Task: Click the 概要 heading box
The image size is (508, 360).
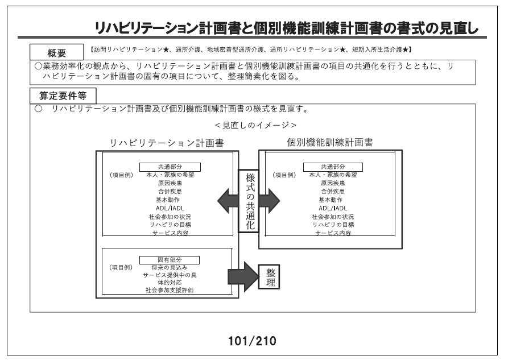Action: click(x=57, y=52)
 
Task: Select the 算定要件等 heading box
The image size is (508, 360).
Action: click(x=63, y=96)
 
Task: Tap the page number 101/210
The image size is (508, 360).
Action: click(x=252, y=341)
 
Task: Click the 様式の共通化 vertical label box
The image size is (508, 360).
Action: click(x=249, y=201)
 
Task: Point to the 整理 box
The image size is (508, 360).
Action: click(x=269, y=277)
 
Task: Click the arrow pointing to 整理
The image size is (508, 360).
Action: click(x=243, y=277)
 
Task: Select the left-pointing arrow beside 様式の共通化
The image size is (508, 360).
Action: click(x=228, y=201)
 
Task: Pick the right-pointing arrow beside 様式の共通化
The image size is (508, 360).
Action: click(x=270, y=201)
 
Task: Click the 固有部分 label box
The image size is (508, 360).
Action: click(x=170, y=260)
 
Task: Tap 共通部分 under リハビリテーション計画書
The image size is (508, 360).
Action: click(x=170, y=167)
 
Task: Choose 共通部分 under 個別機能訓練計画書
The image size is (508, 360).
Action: click(x=333, y=167)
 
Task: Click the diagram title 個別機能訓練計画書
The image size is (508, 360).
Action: click(x=330, y=142)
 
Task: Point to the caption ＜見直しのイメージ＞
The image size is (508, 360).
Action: click(x=255, y=125)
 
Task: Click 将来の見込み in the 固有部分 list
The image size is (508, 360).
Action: click(x=170, y=268)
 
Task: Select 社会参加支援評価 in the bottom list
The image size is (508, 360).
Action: click(x=170, y=290)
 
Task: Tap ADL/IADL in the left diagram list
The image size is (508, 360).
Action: click(x=170, y=208)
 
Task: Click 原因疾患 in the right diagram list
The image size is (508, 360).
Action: click(x=333, y=183)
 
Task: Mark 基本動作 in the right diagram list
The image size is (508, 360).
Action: click(x=331, y=200)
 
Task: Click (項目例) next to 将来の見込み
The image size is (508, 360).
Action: click(x=121, y=268)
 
